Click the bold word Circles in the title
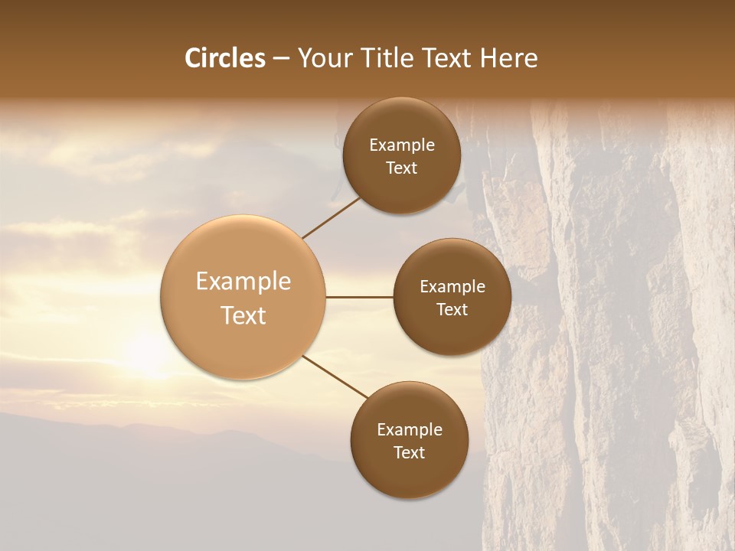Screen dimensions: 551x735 pyautogui.click(x=225, y=58)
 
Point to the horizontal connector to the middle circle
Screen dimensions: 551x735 pyautogui.click(x=359, y=297)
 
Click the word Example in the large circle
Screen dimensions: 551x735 pyautogui.click(x=243, y=282)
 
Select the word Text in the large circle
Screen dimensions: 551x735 pyautogui.click(x=243, y=315)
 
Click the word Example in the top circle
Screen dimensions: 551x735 pyautogui.click(x=401, y=145)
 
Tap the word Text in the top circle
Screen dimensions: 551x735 pyautogui.click(x=401, y=168)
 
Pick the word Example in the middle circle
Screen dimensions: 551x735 pyautogui.click(x=452, y=287)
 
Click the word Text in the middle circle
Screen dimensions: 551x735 pyautogui.click(x=452, y=309)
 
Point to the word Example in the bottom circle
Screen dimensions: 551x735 pyautogui.click(x=409, y=430)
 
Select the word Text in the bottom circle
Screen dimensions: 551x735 pyautogui.click(x=409, y=452)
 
